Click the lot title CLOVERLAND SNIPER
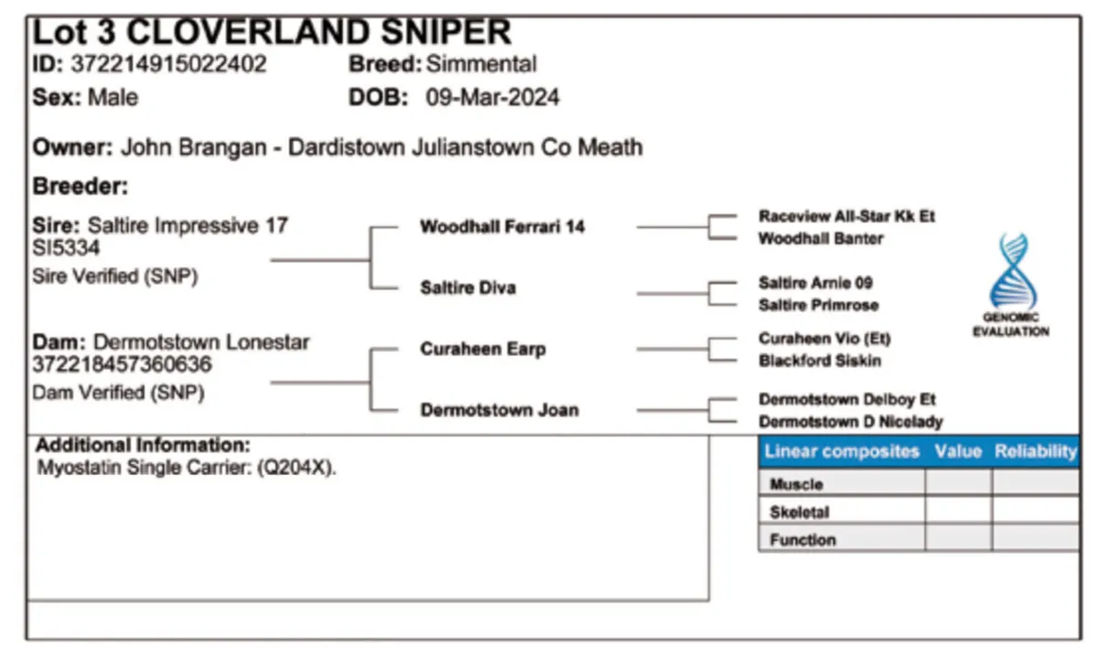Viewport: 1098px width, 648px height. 318,33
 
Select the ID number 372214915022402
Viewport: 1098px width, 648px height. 170,65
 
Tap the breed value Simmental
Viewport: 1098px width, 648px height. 481,65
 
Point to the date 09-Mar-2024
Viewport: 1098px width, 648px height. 493,98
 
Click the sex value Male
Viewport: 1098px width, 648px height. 113,98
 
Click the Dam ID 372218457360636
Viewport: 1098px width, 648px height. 122,365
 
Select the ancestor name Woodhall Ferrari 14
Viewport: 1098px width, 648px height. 501,227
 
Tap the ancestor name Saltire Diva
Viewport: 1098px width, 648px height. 468,287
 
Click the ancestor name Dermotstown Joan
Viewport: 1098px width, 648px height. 499,409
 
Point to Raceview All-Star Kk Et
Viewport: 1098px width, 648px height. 846,217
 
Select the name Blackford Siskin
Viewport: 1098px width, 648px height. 820,361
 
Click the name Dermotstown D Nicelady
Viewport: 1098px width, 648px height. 850,422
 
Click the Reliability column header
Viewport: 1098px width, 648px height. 1035,451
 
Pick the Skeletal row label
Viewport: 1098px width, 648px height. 799,513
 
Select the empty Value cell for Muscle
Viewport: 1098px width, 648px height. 958,483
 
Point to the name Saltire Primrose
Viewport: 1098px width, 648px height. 819,305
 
